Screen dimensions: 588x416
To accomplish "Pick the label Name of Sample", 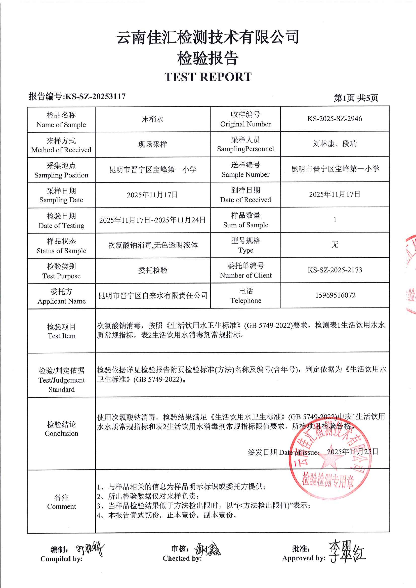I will coord(61,125).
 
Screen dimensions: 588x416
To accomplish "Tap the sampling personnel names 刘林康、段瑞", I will coord(335,144).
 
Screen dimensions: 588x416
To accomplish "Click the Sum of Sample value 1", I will coord(335,219).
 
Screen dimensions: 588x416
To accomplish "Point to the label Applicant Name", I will coord(62,301).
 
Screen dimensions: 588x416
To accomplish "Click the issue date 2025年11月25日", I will coord(352,451).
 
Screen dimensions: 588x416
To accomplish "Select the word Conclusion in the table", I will coord(62,433).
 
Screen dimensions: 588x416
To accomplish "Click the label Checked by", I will coord(182,558).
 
